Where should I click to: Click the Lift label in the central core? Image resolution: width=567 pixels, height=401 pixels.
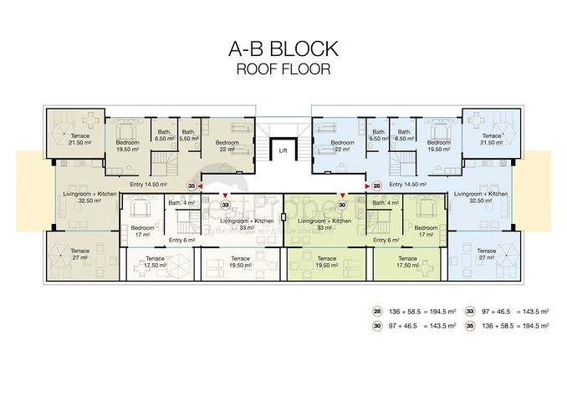coord(283,151)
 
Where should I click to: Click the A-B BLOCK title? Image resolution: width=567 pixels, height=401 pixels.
coord(283,48)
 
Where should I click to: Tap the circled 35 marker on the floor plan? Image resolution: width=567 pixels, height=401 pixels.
coord(192,186)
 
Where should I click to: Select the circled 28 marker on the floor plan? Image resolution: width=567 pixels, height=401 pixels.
coord(376,186)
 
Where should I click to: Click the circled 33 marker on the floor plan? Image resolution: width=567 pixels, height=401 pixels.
coord(225,204)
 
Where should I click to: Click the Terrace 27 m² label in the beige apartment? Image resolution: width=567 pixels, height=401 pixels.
coord(80,254)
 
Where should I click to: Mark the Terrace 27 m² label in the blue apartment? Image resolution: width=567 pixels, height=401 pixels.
coord(487,254)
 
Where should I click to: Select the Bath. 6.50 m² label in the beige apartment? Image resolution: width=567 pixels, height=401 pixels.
coord(164,135)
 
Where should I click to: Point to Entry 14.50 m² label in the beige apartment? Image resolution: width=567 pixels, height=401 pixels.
coord(150,184)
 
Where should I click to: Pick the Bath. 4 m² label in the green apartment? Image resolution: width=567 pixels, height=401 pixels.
coord(386,204)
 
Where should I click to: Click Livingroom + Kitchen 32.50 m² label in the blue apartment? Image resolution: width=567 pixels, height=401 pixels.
coord(480,197)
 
